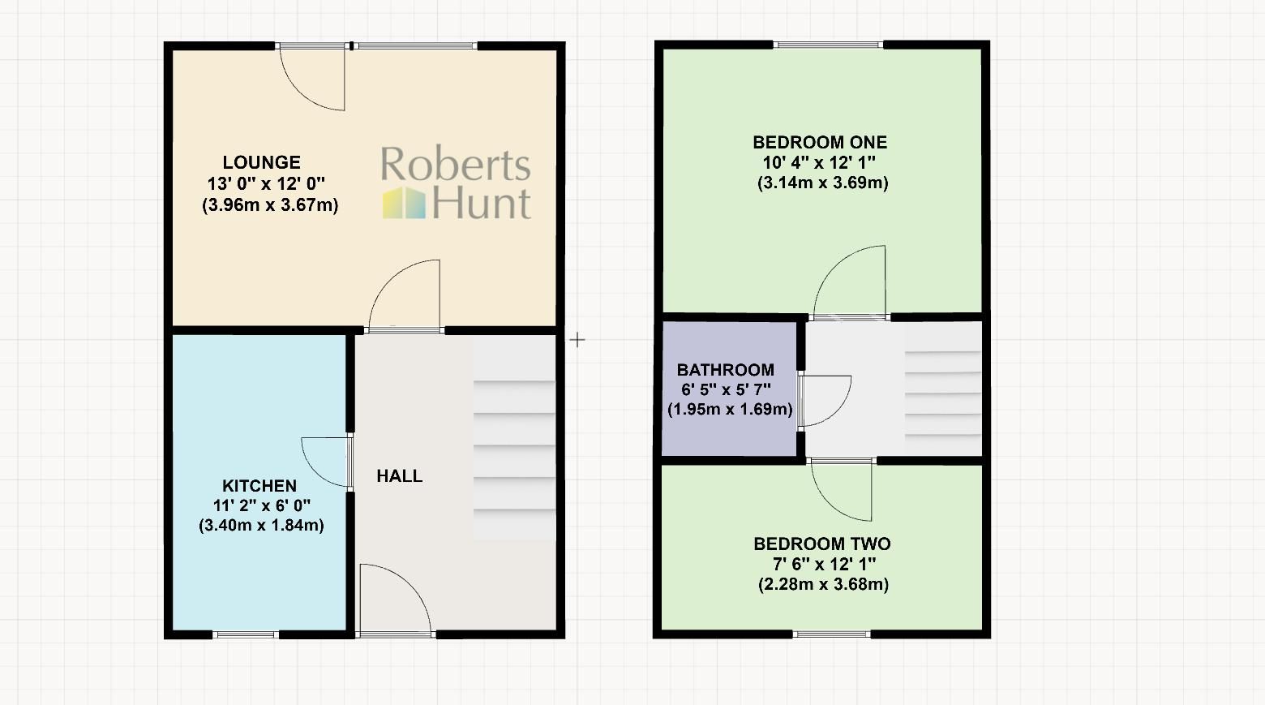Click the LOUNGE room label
[x=261, y=162]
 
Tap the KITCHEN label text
[x=259, y=486]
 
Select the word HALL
[x=399, y=476]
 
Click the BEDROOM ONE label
[x=820, y=143]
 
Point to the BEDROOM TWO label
[x=822, y=544]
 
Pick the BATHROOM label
[x=726, y=370]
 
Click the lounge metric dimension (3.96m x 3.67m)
[x=270, y=204]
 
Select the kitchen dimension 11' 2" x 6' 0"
[x=261, y=505]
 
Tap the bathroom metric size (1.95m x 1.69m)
[x=730, y=410]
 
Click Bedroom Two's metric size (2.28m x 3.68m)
[x=823, y=584]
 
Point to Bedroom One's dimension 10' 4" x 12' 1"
[x=819, y=162]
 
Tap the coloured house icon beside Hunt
[x=404, y=203]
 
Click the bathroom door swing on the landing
[x=825, y=401]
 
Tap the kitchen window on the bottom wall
[x=247, y=634]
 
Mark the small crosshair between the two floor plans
[x=577, y=340]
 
